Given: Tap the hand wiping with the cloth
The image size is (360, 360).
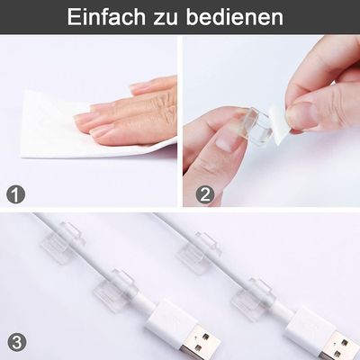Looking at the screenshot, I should [135, 112].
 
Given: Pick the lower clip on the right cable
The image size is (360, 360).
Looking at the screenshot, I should [251, 296].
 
